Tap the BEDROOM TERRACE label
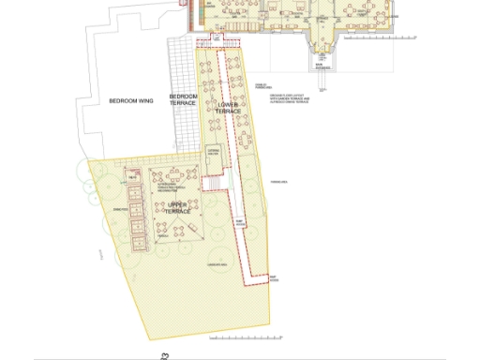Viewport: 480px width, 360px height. pos(183,99)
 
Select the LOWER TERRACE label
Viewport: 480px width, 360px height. pos(228,107)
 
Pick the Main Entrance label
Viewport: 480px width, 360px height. pos(323,67)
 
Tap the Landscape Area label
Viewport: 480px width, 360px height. pos(218,265)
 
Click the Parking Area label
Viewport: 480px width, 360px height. pos(277,182)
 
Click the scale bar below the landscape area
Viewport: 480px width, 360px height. pos(218,335)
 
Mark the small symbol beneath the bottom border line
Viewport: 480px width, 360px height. pos(165,354)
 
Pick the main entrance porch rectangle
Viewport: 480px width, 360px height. pos(323,57)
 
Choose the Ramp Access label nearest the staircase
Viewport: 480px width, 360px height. pos(240,224)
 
